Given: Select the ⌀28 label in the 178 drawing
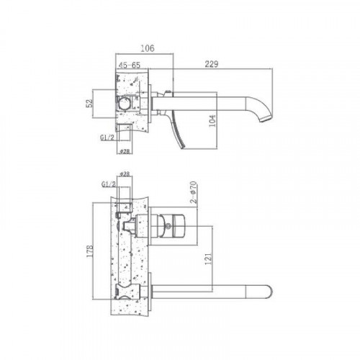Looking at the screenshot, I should pyautogui.click(x=124, y=175).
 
